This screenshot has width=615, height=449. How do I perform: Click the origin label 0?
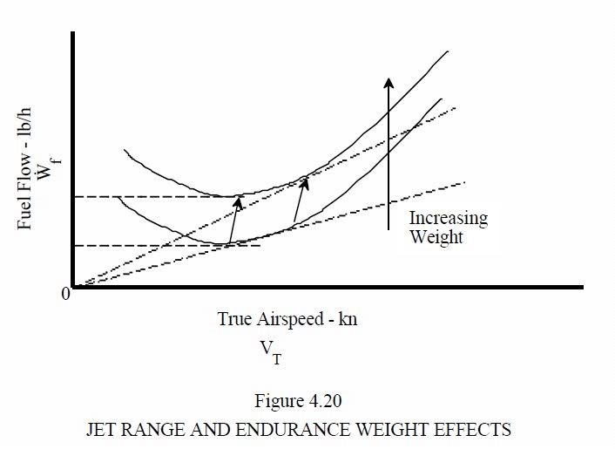pos(65,294)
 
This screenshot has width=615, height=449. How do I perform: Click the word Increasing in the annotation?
pos(449,218)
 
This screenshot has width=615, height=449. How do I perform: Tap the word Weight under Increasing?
pos(437,237)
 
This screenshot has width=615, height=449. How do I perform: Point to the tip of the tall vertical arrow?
pos(389,78)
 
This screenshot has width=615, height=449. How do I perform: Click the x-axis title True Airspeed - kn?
pos(287,319)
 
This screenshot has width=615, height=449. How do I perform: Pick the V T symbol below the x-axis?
pos(271,350)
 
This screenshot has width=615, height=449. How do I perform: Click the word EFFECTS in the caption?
pos(477,430)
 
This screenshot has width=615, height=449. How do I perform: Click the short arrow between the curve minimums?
pos(233,220)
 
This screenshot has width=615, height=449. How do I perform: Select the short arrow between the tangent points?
pos(300,201)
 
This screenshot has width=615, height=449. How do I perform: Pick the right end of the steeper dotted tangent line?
pos(455,108)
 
